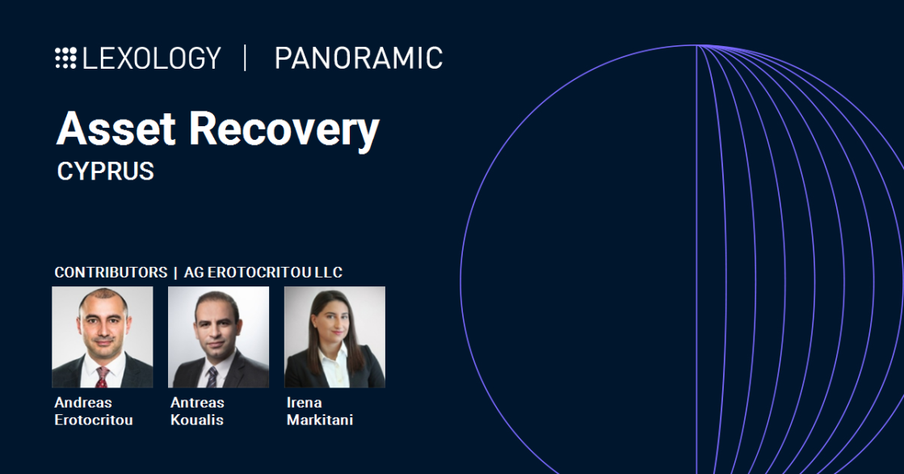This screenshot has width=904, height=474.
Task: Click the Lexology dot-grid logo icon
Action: (x=65, y=58)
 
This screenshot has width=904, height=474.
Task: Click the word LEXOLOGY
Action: (x=151, y=58)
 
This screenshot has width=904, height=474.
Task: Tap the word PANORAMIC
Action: (x=358, y=58)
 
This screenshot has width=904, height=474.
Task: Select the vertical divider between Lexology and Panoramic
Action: (x=246, y=58)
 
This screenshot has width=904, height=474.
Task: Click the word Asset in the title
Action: (x=116, y=128)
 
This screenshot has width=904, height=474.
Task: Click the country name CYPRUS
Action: (x=105, y=171)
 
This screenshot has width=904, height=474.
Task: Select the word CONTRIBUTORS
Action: (x=111, y=273)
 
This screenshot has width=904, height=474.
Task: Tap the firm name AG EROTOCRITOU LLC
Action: (x=263, y=273)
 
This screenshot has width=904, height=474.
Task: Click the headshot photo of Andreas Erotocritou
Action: (x=103, y=336)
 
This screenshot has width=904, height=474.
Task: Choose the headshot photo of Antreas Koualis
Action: (x=218, y=336)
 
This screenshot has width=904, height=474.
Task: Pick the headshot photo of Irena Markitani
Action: (x=334, y=336)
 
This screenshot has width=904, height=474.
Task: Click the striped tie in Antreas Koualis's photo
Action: (x=212, y=377)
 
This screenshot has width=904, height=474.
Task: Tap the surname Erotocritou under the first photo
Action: (x=94, y=420)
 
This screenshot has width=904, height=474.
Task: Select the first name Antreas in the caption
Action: (x=197, y=403)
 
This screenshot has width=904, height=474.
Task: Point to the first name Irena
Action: (x=304, y=403)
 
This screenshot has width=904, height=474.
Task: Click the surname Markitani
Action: (x=319, y=420)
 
